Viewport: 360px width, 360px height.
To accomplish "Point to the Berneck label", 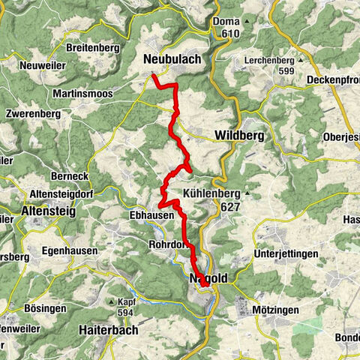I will pyautogui.click(x=49, y=174).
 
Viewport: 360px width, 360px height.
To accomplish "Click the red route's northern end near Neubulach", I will pyautogui.click(x=153, y=76).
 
